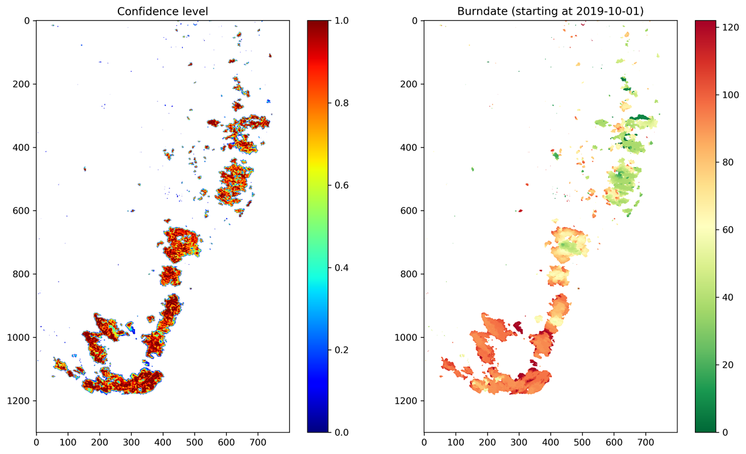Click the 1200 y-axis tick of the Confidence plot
tap(23, 401)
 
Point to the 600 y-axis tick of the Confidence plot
tap(25, 211)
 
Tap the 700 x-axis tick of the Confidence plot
tap(258, 443)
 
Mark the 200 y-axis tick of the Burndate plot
tap(413, 84)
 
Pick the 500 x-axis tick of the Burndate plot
tap(582, 443)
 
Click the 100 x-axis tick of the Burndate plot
tap(456, 443)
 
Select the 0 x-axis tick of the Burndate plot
tap(424, 443)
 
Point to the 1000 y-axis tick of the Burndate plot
tap(410, 337)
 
